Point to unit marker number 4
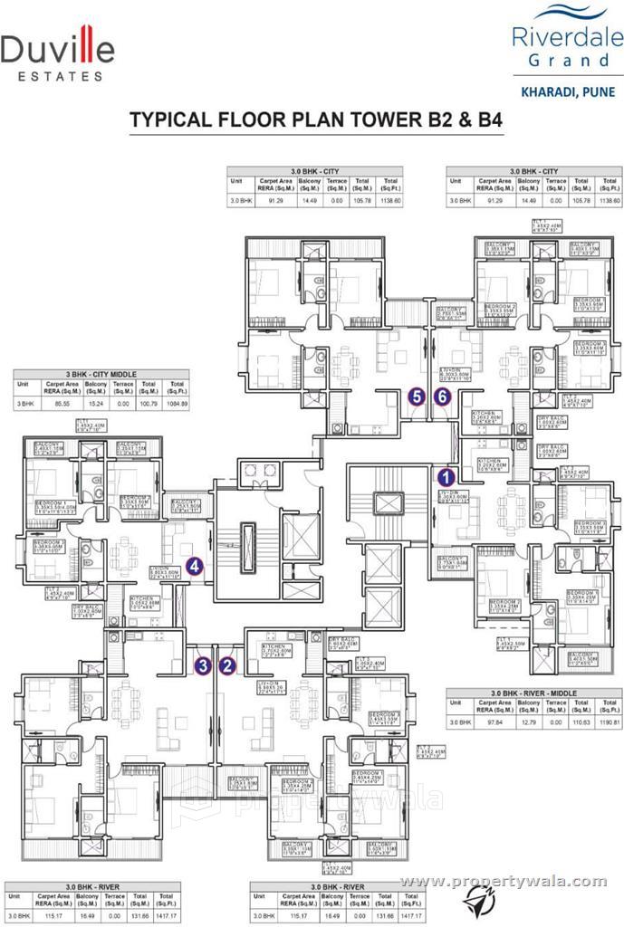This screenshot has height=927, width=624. pyautogui.click(x=194, y=567)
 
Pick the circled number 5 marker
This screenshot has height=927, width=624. pyautogui.click(x=417, y=396)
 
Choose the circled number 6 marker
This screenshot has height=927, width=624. pyautogui.click(x=442, y=396)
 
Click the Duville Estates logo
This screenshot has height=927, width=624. pyautogui.click(x=57, y=54)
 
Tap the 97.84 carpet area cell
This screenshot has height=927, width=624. pyautogui.click(x=494, y=722)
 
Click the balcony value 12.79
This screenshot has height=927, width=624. pyautogui.click(x=531, y=722)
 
